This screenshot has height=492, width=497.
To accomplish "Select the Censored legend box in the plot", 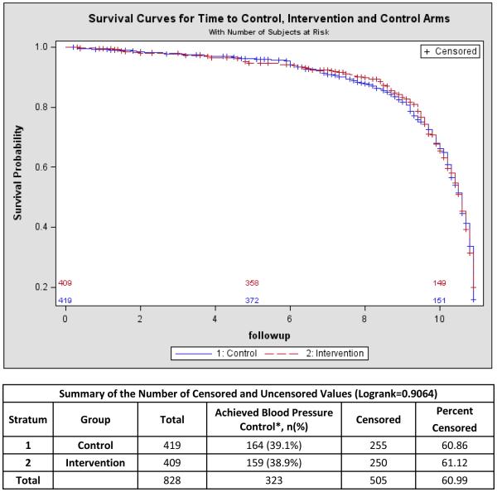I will [x=450, y=51].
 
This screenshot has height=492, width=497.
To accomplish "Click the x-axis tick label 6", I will [x=290, y=318].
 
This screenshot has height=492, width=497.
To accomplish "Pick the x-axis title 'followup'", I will [x=268, y=335].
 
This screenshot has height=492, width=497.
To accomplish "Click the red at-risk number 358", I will [x=252, y=283].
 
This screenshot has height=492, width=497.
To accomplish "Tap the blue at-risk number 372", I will [x=252, y=300].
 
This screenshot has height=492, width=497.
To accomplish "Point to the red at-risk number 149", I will [x=439, y=283].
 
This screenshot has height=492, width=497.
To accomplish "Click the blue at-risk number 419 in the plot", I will [x=65, y=300].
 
